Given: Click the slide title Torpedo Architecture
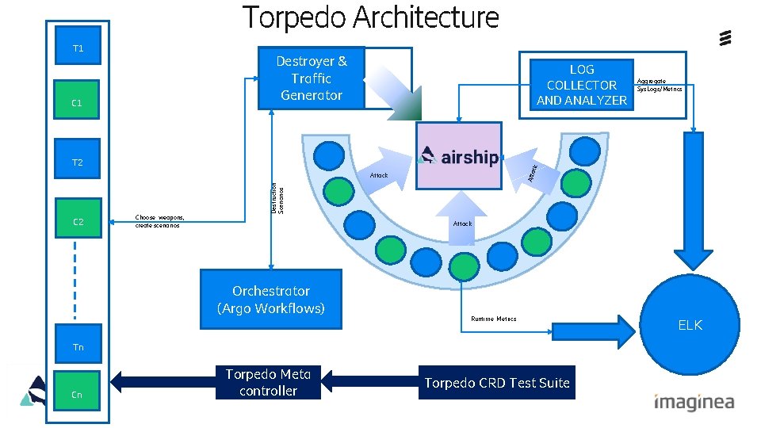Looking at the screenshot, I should point(371,17).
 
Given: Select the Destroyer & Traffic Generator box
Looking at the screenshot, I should point(311,78).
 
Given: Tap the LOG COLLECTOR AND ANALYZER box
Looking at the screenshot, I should point(581,84).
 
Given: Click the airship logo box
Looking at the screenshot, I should point(459,155).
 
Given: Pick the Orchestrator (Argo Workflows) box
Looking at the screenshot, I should point(271,299).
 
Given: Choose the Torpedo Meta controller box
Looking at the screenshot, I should point(268,382).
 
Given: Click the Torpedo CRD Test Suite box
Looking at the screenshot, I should point(496,383).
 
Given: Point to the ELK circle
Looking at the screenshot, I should point(689,324).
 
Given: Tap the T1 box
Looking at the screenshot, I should point(78,49).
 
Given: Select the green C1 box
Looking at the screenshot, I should point(77,102).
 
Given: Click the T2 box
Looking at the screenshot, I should point(77,162).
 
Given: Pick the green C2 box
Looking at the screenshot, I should point(78,222).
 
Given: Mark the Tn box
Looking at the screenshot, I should point(78,346).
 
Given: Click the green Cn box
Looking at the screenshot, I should point(77,393).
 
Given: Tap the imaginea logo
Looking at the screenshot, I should point(694,402).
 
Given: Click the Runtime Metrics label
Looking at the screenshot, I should point(493,319).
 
